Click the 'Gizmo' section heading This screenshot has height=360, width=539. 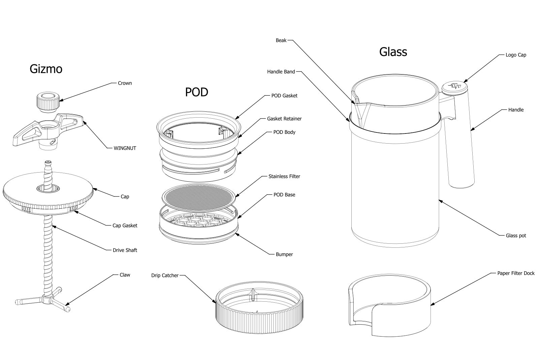(46, 69)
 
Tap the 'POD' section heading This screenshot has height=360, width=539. (196, 92)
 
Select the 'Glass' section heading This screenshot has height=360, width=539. (393, 52)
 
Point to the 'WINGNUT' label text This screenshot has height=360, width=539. (125, 148)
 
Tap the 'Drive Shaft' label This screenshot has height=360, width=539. (125, 250)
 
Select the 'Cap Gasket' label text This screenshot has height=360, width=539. (125, 226)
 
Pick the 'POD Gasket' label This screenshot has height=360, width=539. (284, 96)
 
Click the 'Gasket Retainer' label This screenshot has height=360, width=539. (284, 119)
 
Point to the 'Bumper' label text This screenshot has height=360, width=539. (284, 254)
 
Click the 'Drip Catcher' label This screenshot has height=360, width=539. (165, 275)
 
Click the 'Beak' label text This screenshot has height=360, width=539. (281, 40)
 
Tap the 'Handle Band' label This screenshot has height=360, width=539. (281, 72)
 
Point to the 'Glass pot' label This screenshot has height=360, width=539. (516, 236)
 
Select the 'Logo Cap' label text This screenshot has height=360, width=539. (516, 55)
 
